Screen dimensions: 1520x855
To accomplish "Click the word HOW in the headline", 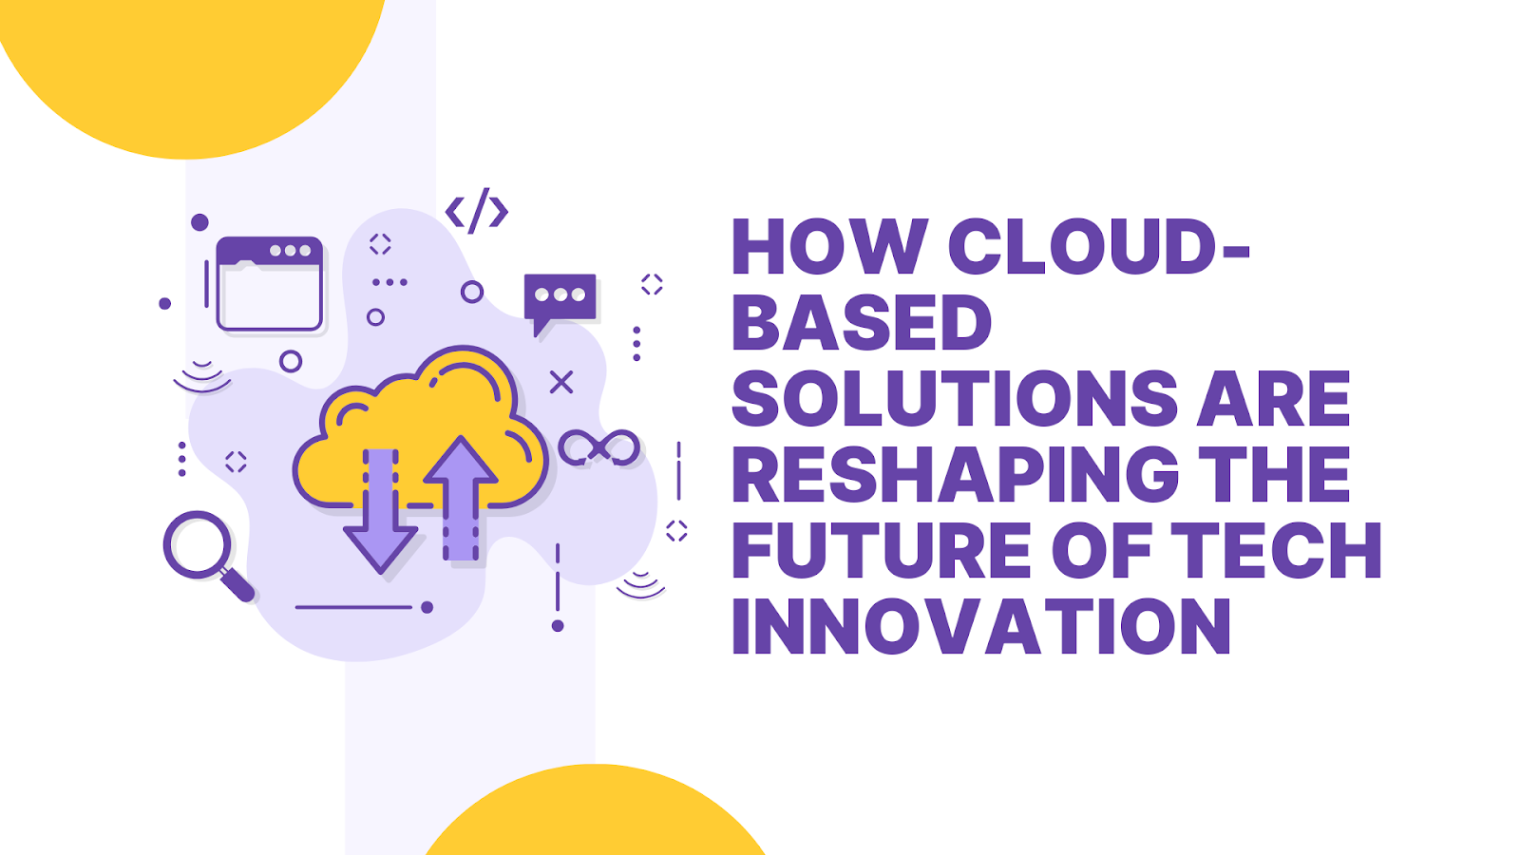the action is pyautogui.click(x=830, y=246).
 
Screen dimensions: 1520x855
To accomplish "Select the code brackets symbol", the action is pyautogui.click(x=476, y=211).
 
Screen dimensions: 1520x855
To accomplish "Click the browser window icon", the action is pyautogui.click(x=270, y=284).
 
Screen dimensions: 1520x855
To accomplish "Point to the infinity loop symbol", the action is pyautogui.click(x=599, y=448).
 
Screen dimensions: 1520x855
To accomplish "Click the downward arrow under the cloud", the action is pyautogui.click(x=380, y=510).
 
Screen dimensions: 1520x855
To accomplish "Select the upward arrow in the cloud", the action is pyautogui.click(x=461, y=498).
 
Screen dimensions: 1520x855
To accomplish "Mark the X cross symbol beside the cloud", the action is pyautogui.click(x=561, y=382).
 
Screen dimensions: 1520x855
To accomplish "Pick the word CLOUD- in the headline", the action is pyautogui.click(x=1098, y=246).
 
